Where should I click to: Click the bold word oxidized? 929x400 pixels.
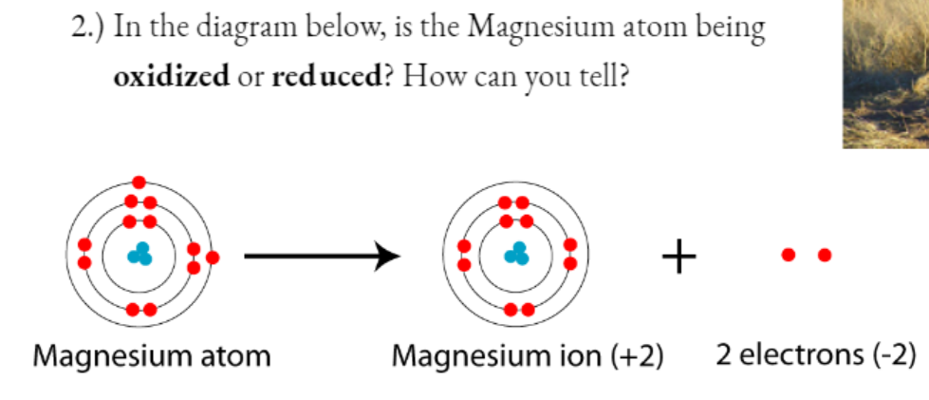[171, 76]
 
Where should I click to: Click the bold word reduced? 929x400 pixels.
[325, 76]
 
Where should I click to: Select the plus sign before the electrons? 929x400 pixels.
[678, 256]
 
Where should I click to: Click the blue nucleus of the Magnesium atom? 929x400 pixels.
[140, 255]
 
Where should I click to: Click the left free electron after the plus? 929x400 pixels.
[788, 255]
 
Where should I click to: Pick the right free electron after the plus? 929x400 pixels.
[824, 255]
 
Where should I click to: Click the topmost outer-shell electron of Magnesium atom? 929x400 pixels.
[139, 182]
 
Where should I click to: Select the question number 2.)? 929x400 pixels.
[89, 29]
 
